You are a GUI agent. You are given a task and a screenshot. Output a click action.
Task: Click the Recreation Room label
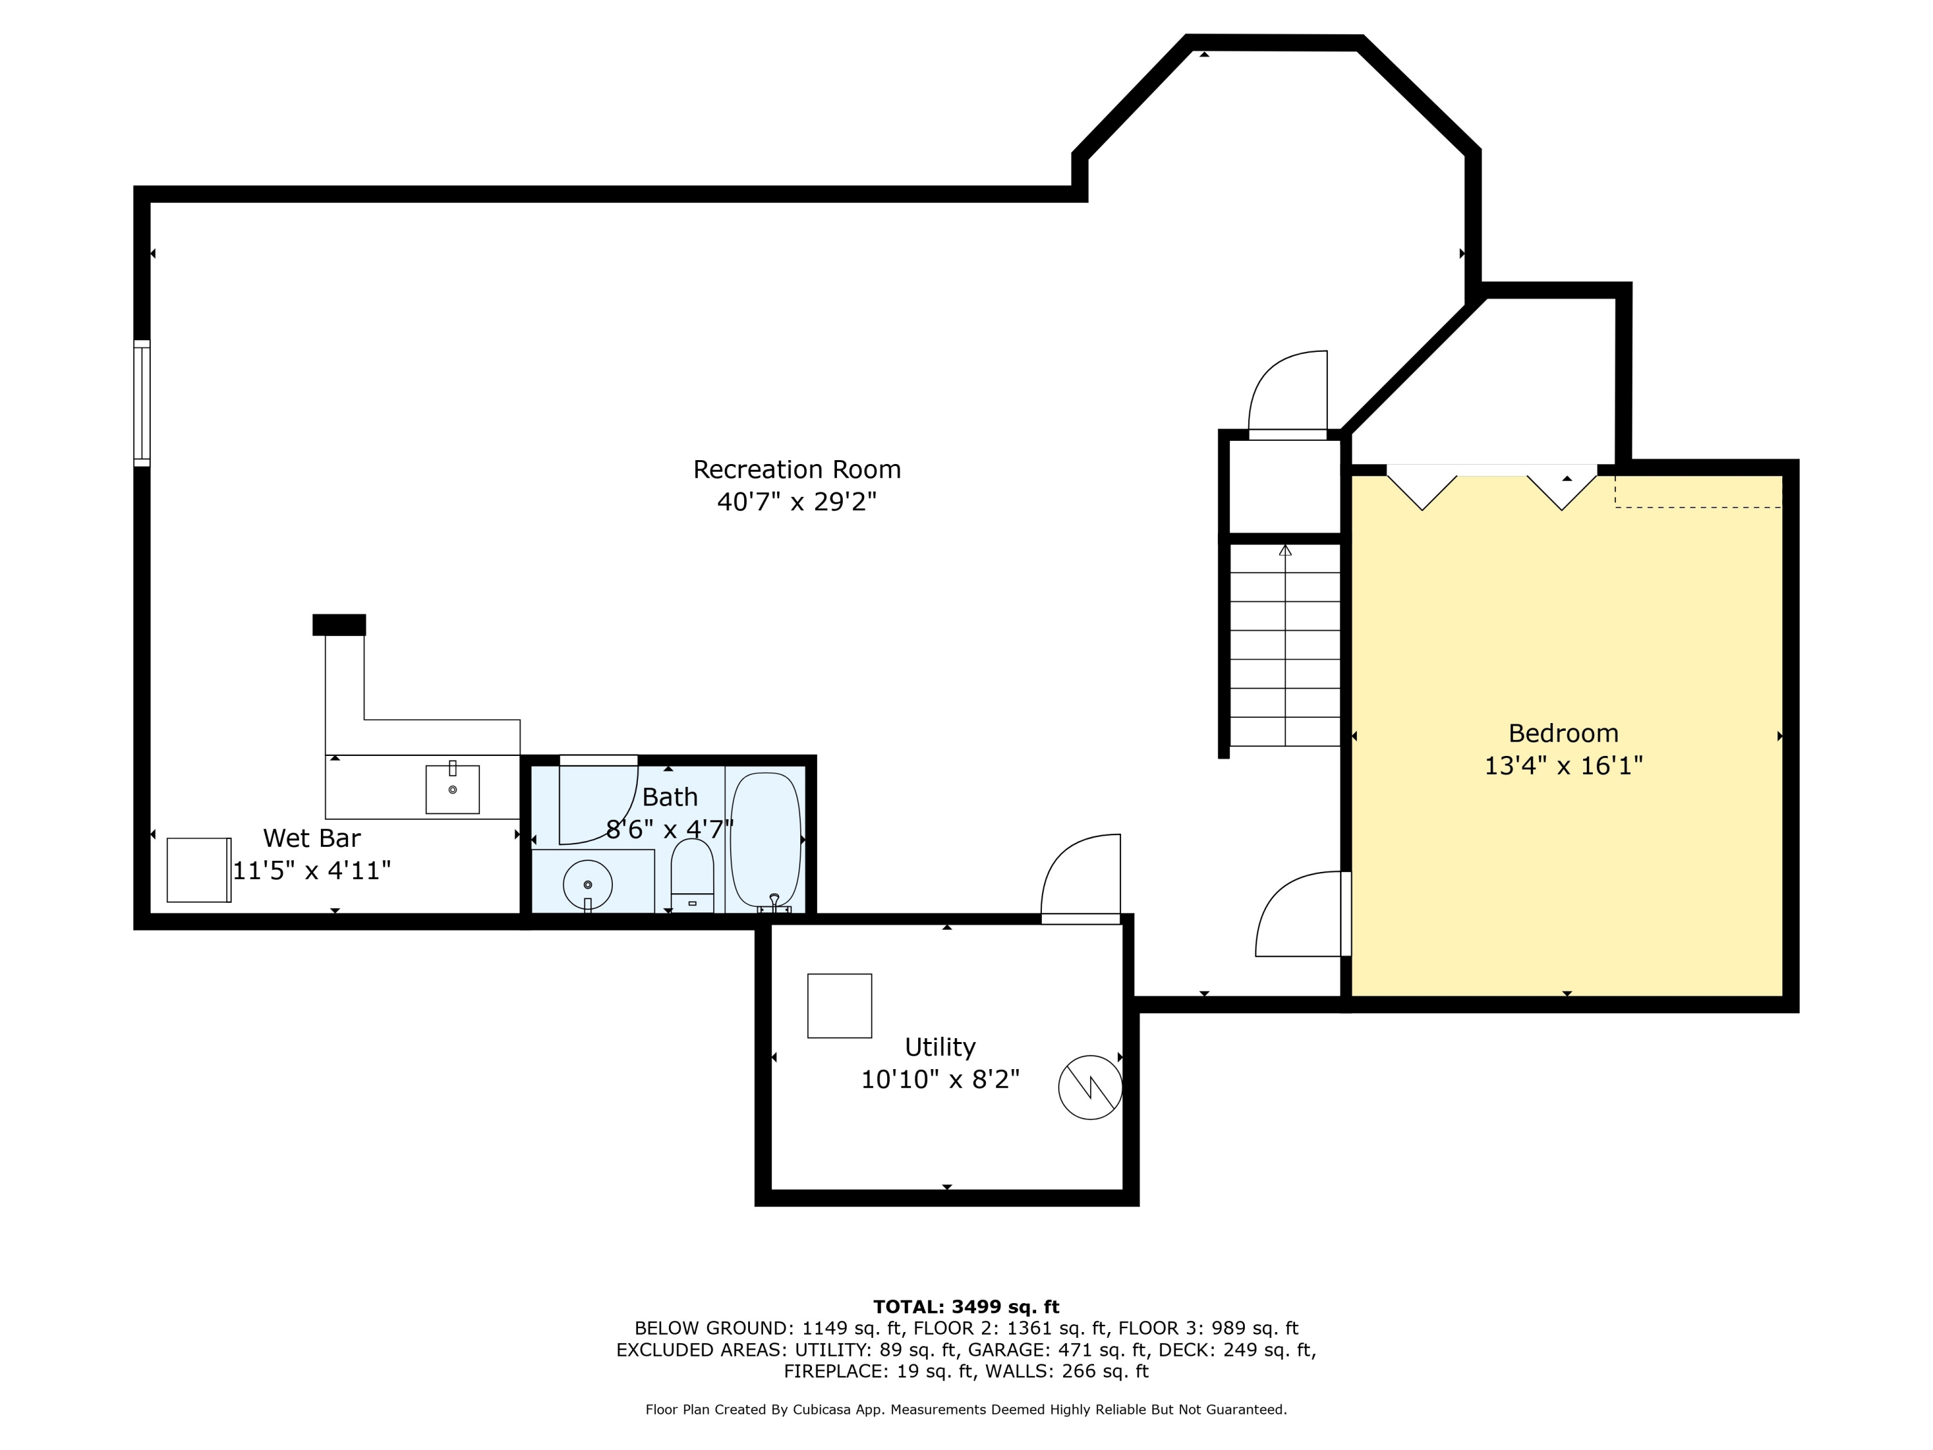[796, 469]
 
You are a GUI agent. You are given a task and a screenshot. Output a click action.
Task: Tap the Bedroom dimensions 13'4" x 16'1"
[1563, 766]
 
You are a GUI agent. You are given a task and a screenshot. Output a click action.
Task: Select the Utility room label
[939, 1047]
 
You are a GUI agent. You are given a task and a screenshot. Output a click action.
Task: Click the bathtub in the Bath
[765, 840]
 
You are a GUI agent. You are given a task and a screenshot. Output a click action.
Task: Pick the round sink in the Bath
[587, 885]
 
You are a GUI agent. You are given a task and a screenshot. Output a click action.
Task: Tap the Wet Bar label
[312, 838]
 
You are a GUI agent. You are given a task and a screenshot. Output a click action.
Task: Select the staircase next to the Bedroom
[1285, 645]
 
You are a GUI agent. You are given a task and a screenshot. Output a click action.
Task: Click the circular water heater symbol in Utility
[1090, 1087]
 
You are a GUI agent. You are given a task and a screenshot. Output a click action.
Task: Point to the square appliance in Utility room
[839, 1006]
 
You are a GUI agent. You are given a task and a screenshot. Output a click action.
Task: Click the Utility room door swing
[1080, 876]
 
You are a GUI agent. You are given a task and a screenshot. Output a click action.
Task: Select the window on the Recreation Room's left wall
[142, 403]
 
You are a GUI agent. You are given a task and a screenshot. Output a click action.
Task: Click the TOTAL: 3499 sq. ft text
[966, 1307]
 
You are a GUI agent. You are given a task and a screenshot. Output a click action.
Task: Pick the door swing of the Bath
[599, 800]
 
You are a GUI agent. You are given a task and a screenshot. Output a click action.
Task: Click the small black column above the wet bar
[339, 624]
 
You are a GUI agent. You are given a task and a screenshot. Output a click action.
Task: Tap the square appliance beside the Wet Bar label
[199, 869]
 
